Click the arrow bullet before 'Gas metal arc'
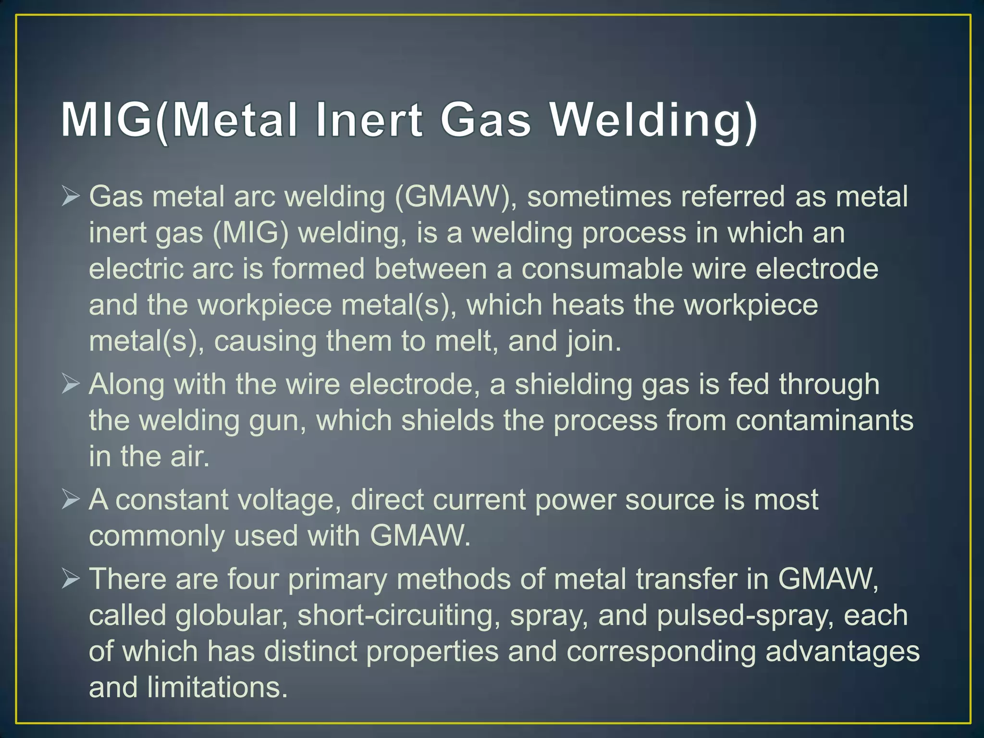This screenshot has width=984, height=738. point(70,197)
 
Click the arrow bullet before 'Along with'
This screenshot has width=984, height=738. point(70,384)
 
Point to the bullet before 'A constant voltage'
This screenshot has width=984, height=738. point(70,500)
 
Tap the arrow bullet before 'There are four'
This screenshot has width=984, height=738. point(70,579)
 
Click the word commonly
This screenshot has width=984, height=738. point(157,536)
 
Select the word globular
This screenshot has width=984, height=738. point(231,615)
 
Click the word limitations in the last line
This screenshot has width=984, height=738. point(217,688)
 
